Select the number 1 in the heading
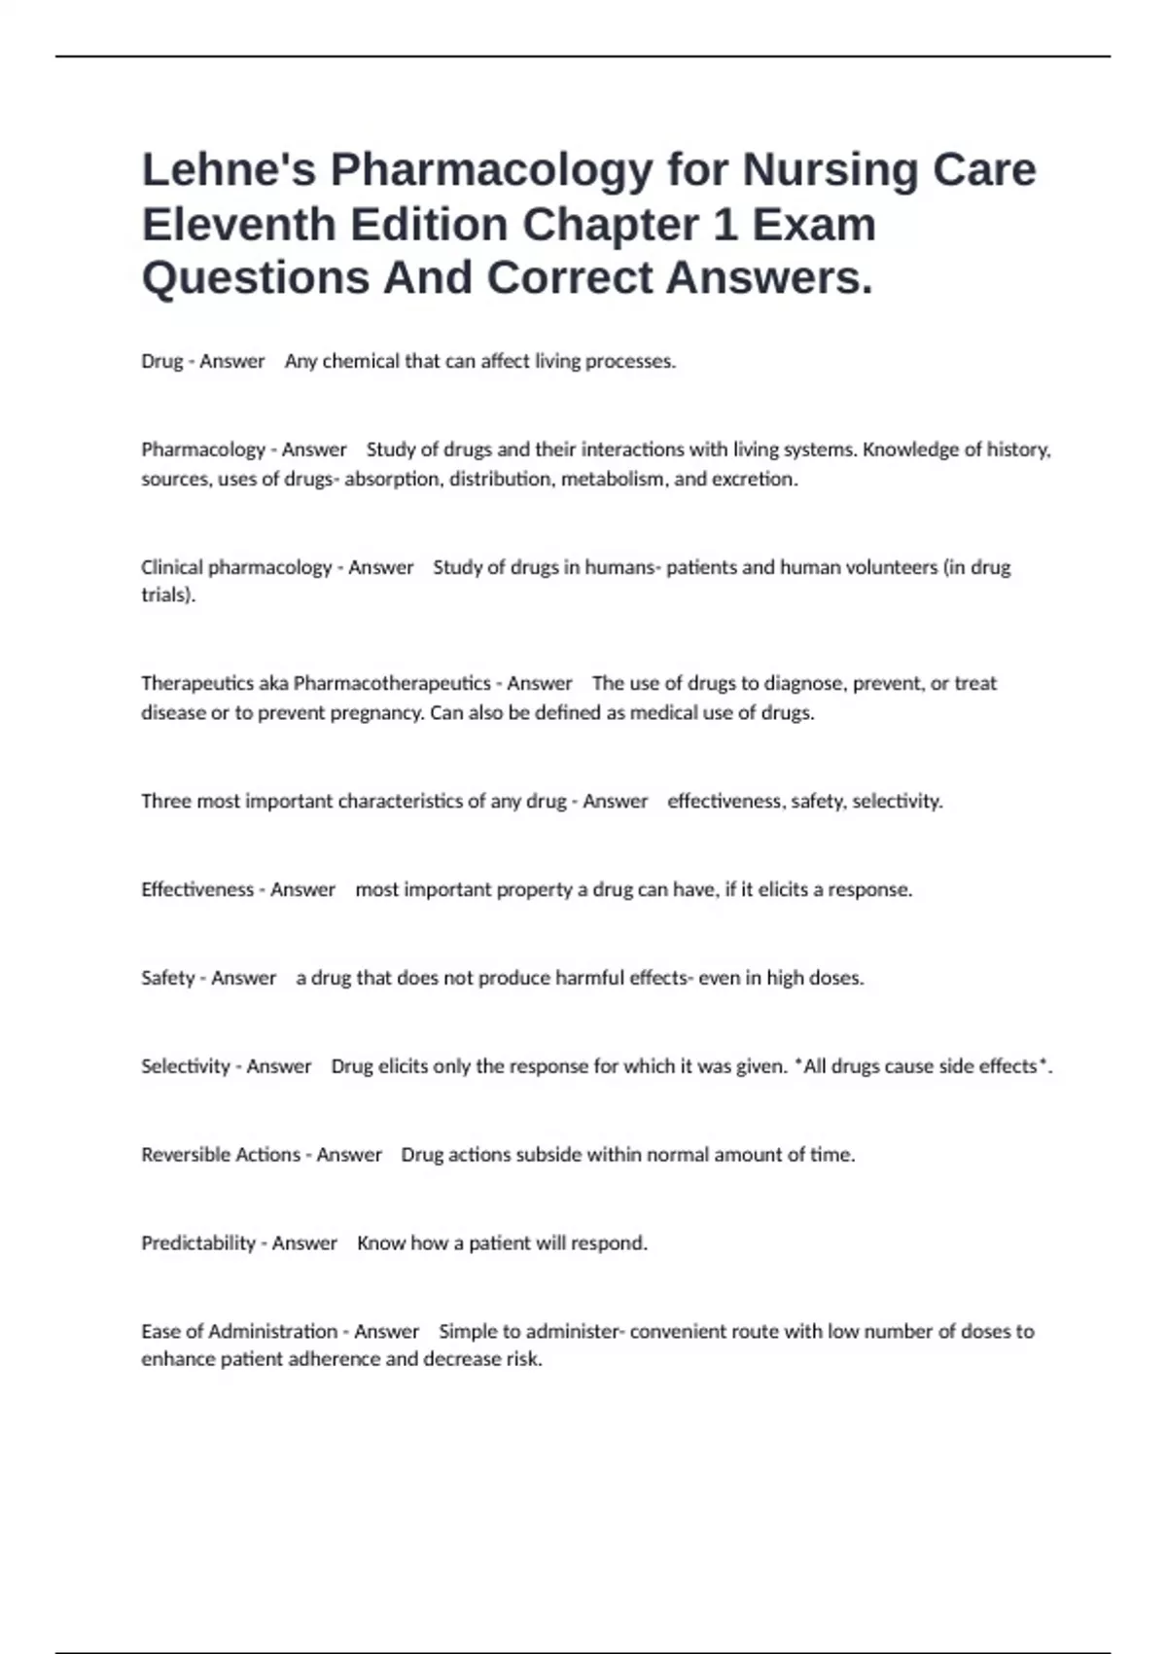pyautogui.click(x=725, y=224)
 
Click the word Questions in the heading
pyautogui.click(x=255, y=277)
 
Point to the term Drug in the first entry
pyautogui.click(x=161, y=361)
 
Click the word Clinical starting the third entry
pyautogui.click(x=171, y=567)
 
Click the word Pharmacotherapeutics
pyautogui.click(x=392, y=683)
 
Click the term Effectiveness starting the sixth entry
pyautogui.click(x=197, y=889)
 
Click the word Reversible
pyautogui.click(x=185, y=1155)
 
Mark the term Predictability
pyautogui.click(x=198, y=1243)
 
